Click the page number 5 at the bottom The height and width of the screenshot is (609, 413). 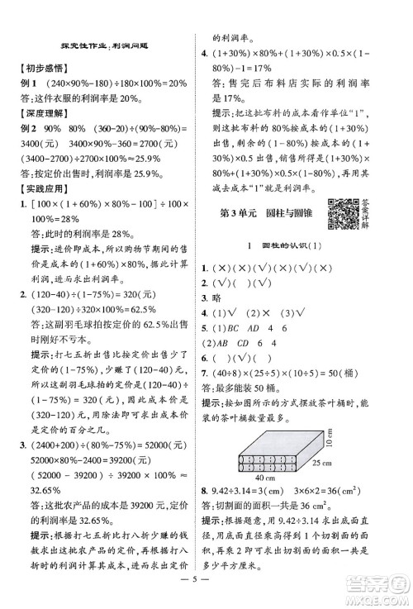pyautogui.click(x=206, y=592)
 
